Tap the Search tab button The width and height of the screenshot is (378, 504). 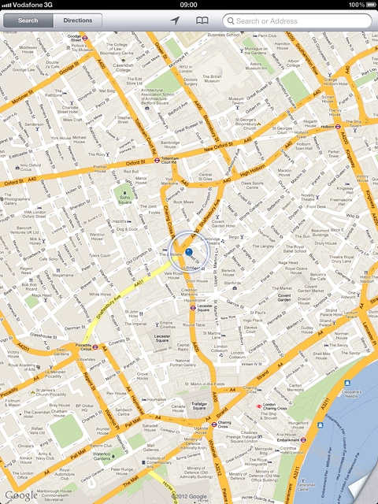[28, 20]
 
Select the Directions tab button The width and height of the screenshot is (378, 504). [77, 20]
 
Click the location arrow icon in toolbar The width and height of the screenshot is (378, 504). [174, 20]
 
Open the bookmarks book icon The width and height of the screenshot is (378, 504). [202, 20]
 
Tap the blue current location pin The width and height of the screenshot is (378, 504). [189, 252]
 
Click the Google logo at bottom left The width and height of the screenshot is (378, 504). [20, 495]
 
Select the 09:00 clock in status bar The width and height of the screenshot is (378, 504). [189, 5]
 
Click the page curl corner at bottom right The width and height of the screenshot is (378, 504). [364, 490]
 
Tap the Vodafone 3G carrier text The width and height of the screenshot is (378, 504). [30, 5]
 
